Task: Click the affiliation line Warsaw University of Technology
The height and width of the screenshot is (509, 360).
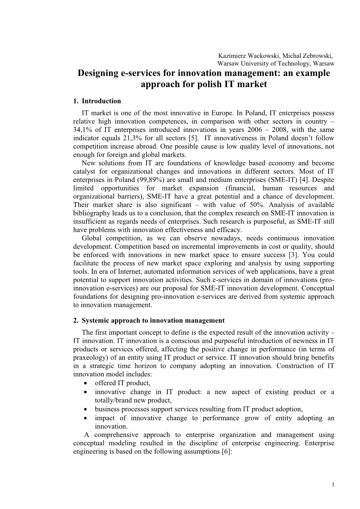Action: click(x=263, y=64)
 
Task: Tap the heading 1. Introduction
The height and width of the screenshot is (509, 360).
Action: click(x=97, y=101)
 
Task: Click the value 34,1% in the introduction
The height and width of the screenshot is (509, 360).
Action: click(x=83, y=130)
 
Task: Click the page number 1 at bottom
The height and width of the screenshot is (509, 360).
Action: click(x=333, y=484)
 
